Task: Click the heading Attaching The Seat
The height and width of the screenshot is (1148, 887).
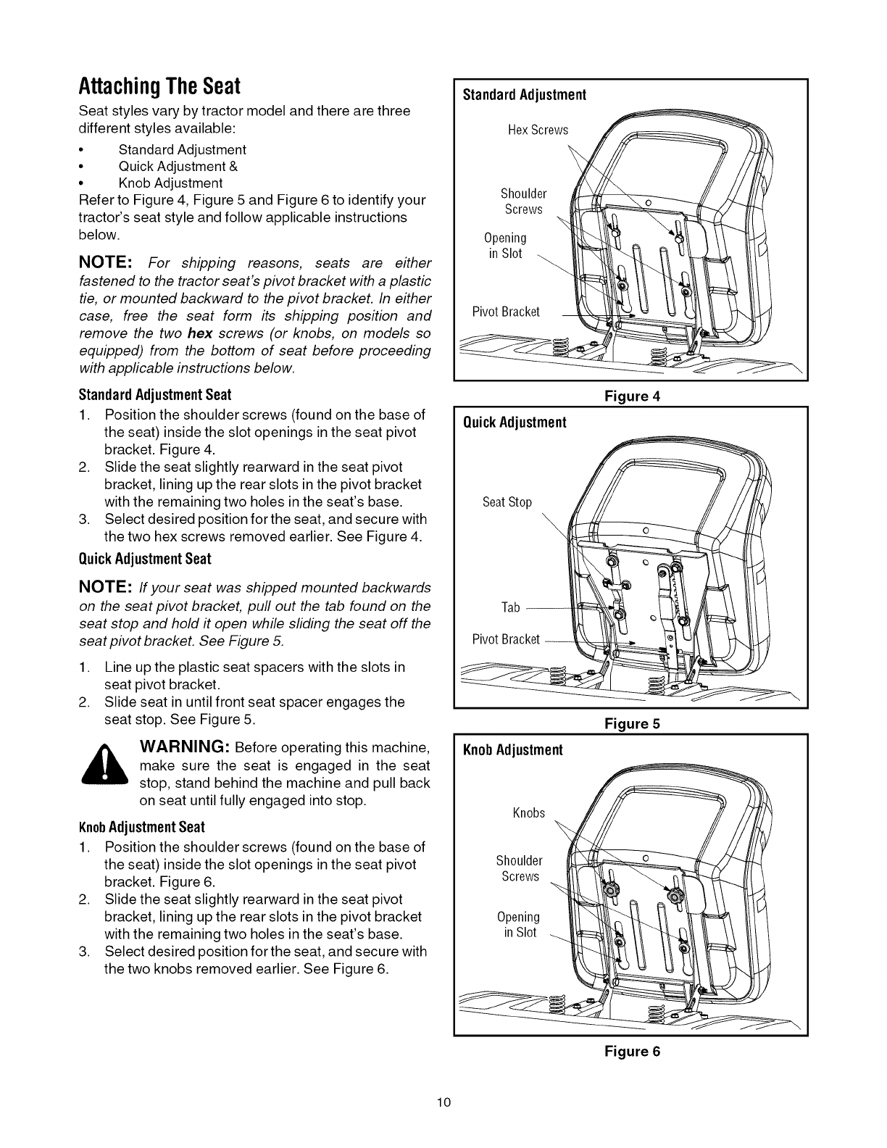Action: (x=159, y=87)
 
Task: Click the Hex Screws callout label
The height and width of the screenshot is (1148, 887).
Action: (x=538, y=130)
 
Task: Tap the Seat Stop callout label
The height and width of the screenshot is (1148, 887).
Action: (x=507, y=502)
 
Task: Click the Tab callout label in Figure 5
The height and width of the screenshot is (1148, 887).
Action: (x=511, y=607)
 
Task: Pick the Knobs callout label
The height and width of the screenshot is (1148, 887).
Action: (x=528, y=813)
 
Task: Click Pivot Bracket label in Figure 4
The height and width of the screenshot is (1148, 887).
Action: (x=506, y=312)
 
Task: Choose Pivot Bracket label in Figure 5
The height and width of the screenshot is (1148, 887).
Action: (x=506, y=639)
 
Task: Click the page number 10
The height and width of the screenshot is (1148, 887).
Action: (x=444, y=1103)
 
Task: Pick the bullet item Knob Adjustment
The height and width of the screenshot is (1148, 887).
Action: (x=170, y=183)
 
